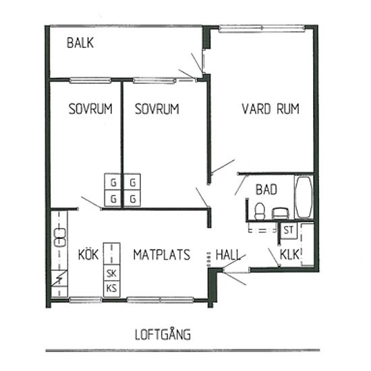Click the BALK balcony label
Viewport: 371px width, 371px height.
[x=80, y=42]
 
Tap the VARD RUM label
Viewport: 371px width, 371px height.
[x=270, y=109]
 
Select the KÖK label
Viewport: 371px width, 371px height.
[x=88, y=254]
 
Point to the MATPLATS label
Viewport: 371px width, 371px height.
[x=162, y=255]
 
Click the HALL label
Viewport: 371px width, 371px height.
[x=228, y=255]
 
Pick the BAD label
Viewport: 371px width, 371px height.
[x=266, y=190]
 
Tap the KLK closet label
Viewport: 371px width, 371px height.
[x=289, y=254]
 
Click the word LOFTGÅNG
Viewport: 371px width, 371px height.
[x=163, y=335]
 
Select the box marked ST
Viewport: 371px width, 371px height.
[x=289, y=230]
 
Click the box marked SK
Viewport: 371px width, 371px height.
[x=112, y=273]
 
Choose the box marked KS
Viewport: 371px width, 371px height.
[x=112, y=289]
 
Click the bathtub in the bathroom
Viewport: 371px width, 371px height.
[x=304, y=196]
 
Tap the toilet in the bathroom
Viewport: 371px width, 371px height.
[x=259, y=211]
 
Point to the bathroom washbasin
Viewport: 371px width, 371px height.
[x=281, y=213]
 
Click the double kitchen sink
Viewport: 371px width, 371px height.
[x=60, y=237]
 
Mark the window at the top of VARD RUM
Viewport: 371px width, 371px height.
[x=262, y=28]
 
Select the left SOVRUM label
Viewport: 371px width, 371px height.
[x=90, y=109]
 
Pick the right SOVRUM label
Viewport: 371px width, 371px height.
[x=156, y=109]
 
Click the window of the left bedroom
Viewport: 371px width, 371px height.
[x=90, y=80]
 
